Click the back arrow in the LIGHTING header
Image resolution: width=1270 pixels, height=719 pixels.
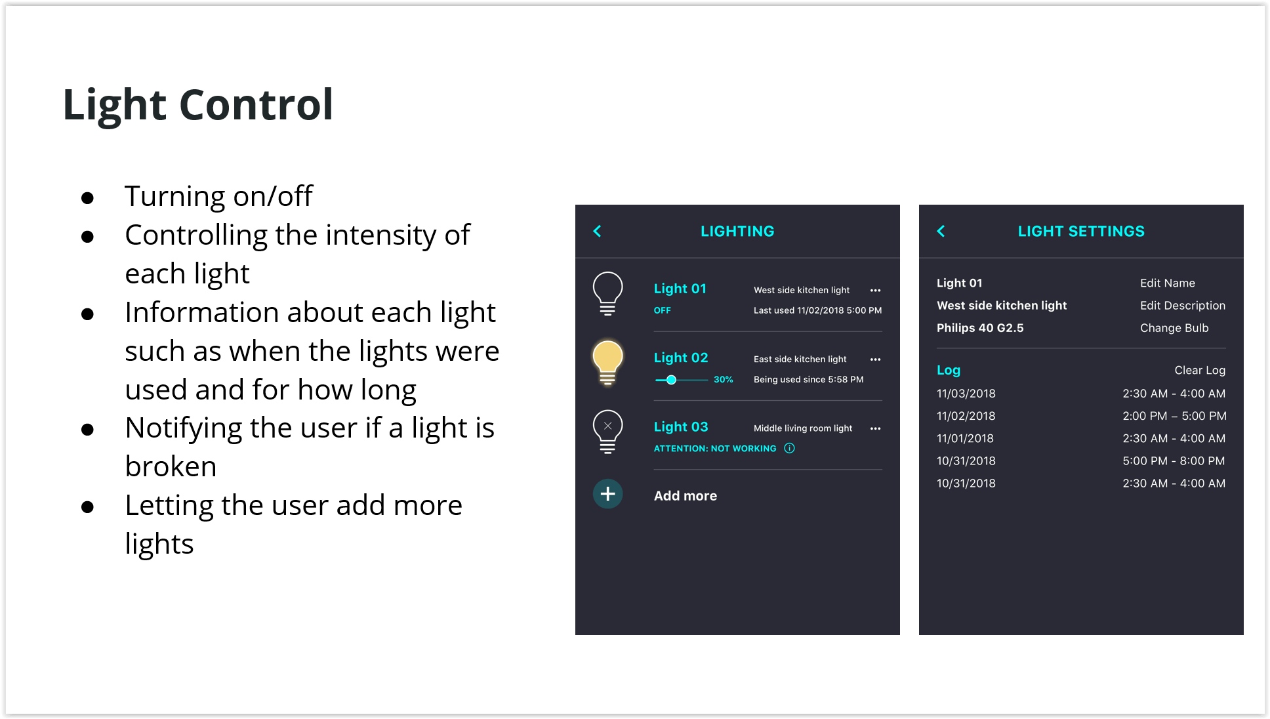(597, 231)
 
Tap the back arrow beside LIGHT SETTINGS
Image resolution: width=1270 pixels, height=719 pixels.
(941, 231)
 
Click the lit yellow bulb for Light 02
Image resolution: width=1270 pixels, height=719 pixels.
(607, 363)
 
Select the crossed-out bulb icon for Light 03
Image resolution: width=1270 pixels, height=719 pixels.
(607, 432)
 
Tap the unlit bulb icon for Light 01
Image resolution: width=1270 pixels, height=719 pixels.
(607, 294)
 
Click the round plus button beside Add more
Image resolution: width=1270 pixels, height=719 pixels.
(607, 494)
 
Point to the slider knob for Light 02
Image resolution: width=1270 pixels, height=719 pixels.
(671, 380)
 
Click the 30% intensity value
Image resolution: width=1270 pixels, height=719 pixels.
(724, 380)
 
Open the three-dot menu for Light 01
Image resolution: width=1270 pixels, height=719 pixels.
(875, 290)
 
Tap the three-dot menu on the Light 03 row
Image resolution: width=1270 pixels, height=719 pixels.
(875, 428)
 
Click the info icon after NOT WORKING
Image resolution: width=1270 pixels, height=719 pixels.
(789, 448)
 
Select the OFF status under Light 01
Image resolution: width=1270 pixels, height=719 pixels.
(662, 310)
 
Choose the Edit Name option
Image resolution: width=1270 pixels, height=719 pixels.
(1167, 283)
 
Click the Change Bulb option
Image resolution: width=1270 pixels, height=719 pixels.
(1174, 328)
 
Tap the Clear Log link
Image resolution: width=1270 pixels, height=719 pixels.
(1200, 370)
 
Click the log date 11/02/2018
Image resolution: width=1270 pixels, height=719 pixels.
(966, 416)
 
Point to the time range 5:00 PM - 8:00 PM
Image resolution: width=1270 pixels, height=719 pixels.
(1174, 461)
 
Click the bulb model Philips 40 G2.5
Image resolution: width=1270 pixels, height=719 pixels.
(980, 328)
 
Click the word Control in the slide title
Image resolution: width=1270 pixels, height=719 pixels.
(256, 104)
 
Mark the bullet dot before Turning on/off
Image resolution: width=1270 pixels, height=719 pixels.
(87, 198)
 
